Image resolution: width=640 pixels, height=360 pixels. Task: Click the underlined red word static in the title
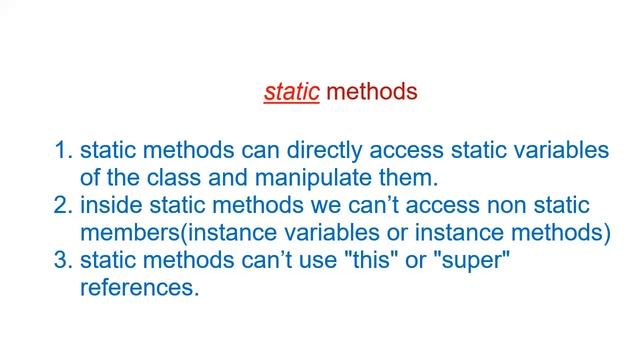click(x=291, y=93)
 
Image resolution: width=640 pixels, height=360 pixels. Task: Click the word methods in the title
click(x=371, y=93)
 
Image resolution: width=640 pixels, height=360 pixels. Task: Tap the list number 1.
click(x=62, y=151)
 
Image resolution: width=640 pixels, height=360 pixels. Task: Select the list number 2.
click(x=62, y=206)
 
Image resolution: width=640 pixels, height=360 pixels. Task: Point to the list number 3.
click(x=62, y=261)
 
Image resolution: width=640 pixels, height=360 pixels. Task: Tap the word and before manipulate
click(x=235, y=179)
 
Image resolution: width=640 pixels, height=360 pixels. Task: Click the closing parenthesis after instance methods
click(x=606, y=234)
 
